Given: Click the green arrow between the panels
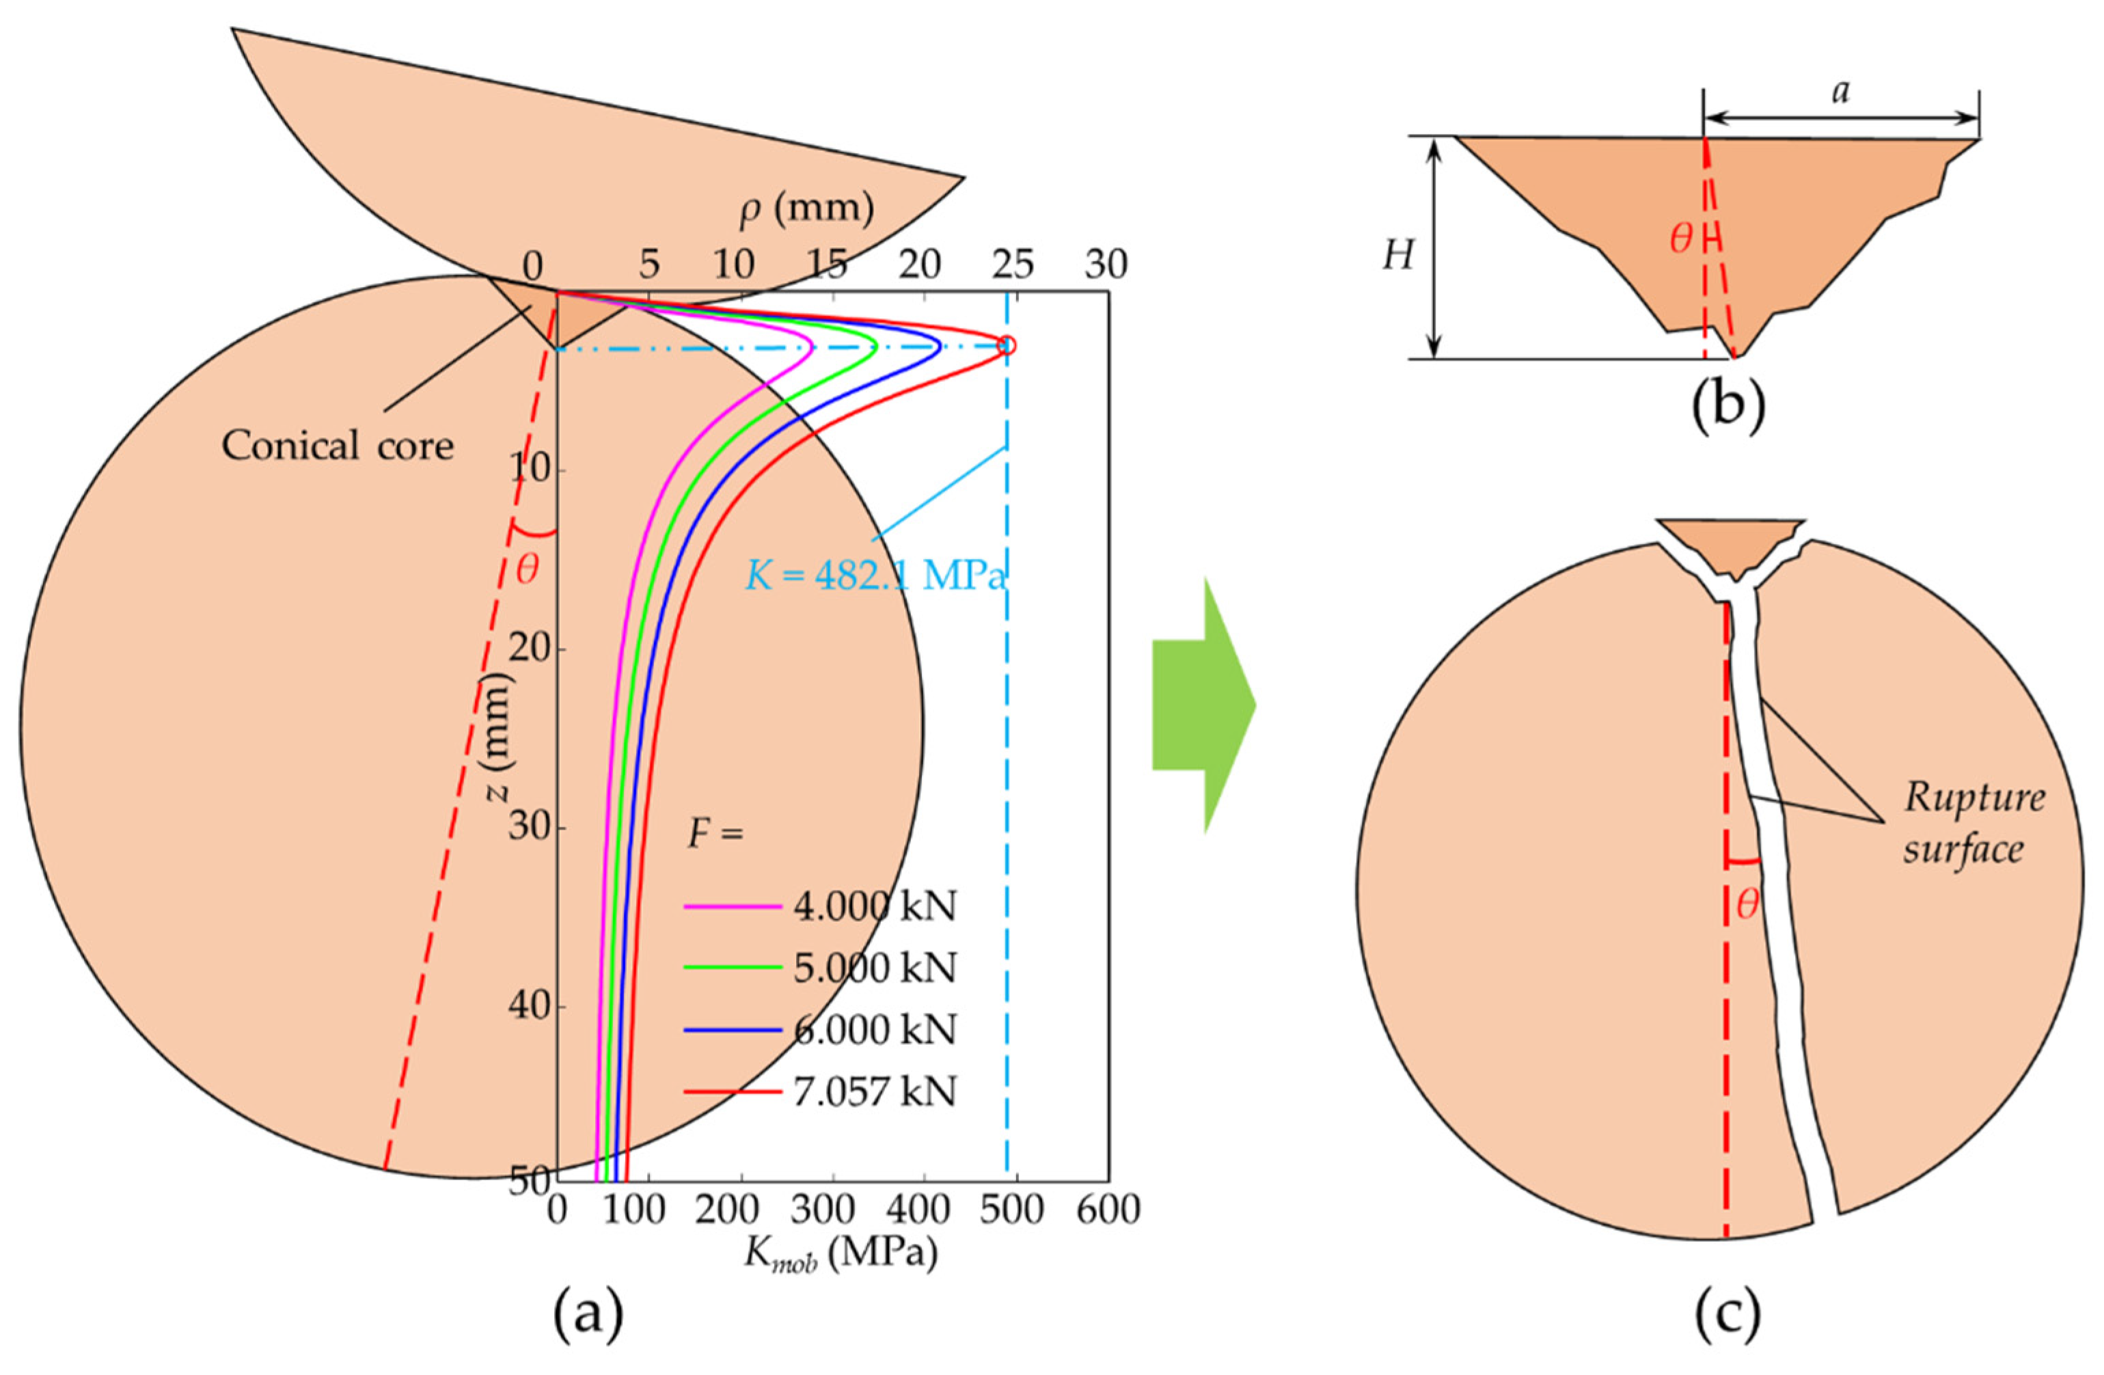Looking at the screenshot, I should pos(1202,705).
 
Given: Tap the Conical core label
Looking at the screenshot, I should pos(338,445).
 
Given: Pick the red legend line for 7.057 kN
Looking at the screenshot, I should pos(733,1092).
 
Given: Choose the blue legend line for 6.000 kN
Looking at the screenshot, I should pos(733,1030).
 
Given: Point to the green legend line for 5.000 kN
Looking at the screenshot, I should pos(733,968).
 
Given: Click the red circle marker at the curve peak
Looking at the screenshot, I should pos(1006,345).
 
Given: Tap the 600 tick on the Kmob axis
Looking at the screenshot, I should pos(1108,1210).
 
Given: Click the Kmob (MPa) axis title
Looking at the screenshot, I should pos(840,1254).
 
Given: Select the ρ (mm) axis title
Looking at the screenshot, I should pos(806,208).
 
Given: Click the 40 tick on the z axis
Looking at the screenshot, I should pos(530,1006).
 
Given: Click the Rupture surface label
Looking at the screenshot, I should pos(1974,822).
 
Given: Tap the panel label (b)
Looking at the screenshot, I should pos(1727,405).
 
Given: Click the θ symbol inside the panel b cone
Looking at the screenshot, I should pos(1682,239).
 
